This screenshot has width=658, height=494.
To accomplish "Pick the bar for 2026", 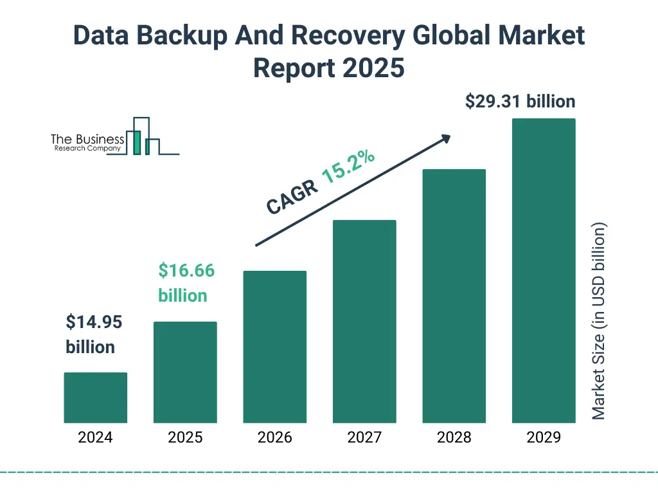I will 274,347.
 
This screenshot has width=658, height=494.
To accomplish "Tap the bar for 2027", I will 364,322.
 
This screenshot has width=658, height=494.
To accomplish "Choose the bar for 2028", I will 454,296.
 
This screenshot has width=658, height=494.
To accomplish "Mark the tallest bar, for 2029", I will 544,271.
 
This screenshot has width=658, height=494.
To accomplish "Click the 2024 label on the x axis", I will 95,437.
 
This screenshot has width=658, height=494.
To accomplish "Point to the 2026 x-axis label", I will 274,437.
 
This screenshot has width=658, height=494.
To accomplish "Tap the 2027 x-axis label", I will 364,437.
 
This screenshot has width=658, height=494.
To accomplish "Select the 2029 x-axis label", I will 544,437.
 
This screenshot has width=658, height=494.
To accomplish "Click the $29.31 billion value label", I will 520,102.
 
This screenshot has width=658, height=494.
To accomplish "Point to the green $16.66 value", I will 186,271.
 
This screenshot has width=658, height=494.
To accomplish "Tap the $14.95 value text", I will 94,322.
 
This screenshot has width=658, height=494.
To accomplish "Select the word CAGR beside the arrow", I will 292,196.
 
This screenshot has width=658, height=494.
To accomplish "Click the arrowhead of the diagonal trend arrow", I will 445,138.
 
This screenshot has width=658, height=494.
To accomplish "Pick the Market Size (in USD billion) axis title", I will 599,321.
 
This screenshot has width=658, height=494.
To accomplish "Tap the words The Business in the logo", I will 87,139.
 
